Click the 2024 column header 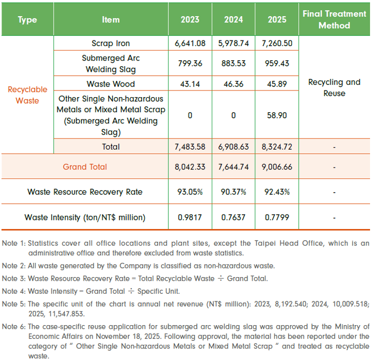(x=234, y=19)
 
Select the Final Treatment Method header (x=334, y=19)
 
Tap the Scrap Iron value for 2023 (x=190, y=43)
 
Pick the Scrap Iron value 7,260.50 (x=277, y=43)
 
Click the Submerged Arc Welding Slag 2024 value (x=234, y=63)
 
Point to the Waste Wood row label (x=111, y=84)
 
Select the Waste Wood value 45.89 (x=277, y=84)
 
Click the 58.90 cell (x=277, y=115)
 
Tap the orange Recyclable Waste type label (x=27, y=95)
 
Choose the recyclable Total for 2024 (x=234, y=147)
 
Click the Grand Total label (x=85, y=167)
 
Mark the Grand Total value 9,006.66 (x=277, y=167)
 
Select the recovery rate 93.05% (x=190, y=192)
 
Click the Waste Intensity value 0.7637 (x=234, y=217)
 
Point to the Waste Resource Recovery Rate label (x=85, y=192)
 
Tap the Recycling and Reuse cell (x=334, y=87)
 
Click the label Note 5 (x=14, y=304)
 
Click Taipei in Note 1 (x=264, y=244)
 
